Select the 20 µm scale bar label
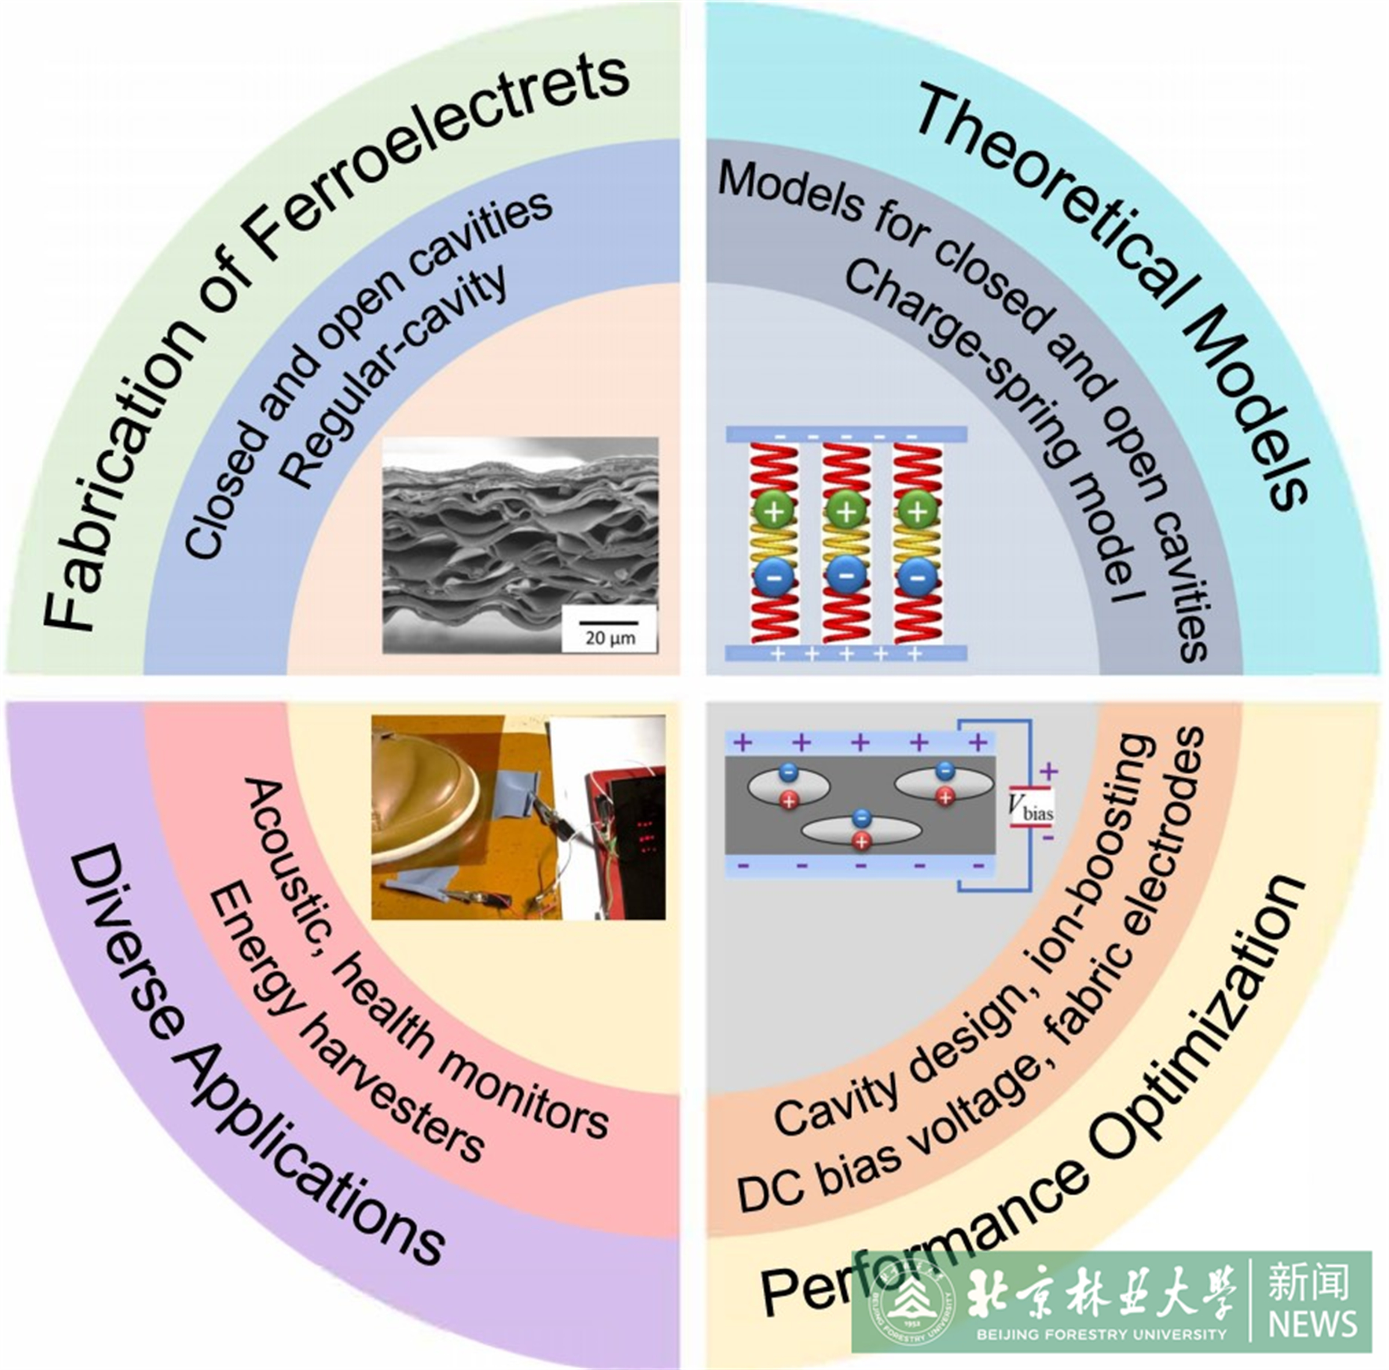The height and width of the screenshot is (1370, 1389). [x=609, y=637]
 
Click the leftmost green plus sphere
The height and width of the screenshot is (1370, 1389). [x=774, y=511]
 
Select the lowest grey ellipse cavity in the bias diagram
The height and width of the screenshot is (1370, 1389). [x=861, y=829]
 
